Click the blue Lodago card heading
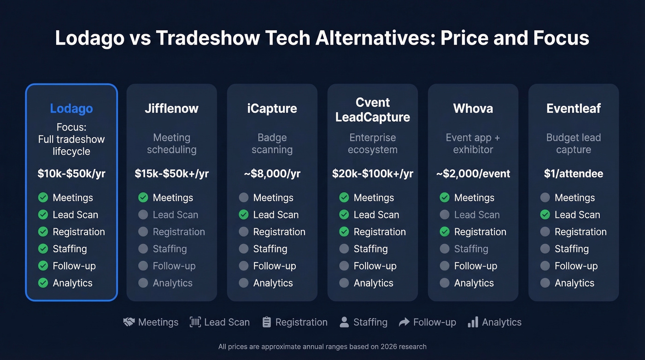coord(71,109)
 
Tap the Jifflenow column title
coord(171,109)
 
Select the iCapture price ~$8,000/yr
coord(272,174)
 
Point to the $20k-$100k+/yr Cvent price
coord(373,174)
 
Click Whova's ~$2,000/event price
coord(473,174)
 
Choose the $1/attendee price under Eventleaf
coord(574,174)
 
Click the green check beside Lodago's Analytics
coord(43,283)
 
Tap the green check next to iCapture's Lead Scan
coord(244,215)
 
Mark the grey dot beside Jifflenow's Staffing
coord(143,249)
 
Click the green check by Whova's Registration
coord(445,232)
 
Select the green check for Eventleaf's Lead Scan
coord(545,215)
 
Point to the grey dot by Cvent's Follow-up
coord(344,266)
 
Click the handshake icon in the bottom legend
coord(129,322)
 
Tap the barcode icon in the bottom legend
coord(195,322)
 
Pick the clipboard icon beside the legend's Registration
coord(267,322)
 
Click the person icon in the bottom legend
coord(344,322)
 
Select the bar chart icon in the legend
coord(473,322)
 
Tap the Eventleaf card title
coord(574,109)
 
